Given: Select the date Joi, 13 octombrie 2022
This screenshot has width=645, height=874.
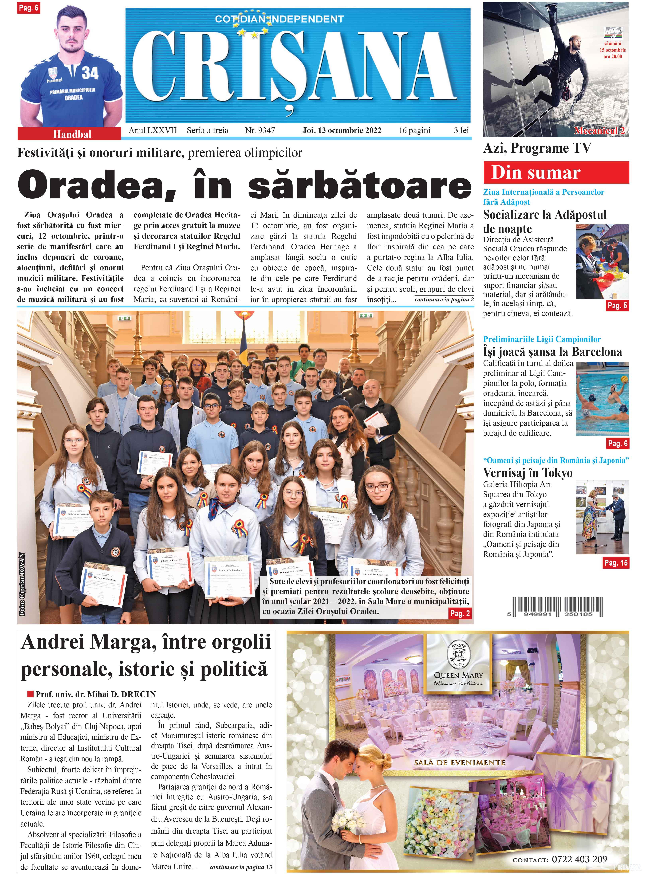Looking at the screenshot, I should [x=342, y=130].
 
